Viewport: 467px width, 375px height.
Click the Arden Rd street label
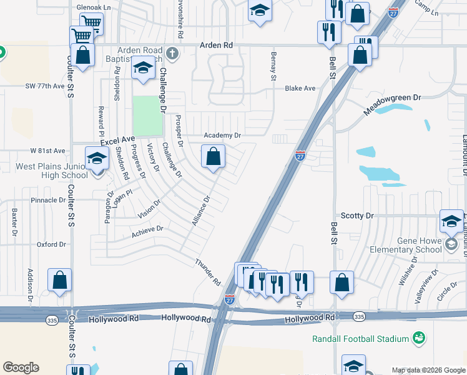[x=216, y=46]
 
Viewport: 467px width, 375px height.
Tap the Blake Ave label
[x=300, y=89]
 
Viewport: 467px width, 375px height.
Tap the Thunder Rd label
[x=209, y=272]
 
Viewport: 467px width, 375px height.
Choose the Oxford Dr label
[x=51, y=245]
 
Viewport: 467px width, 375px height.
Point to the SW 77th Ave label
[x=45, y=86]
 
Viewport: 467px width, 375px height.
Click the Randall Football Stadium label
[x=360, y=339]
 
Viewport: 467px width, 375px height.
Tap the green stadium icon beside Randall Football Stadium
[x=420, y=338]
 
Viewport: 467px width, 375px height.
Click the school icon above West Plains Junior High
[x=97, y=158]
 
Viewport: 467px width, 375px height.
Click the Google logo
[x=21, y=367]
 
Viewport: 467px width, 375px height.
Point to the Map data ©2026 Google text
[x=428, y=370]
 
